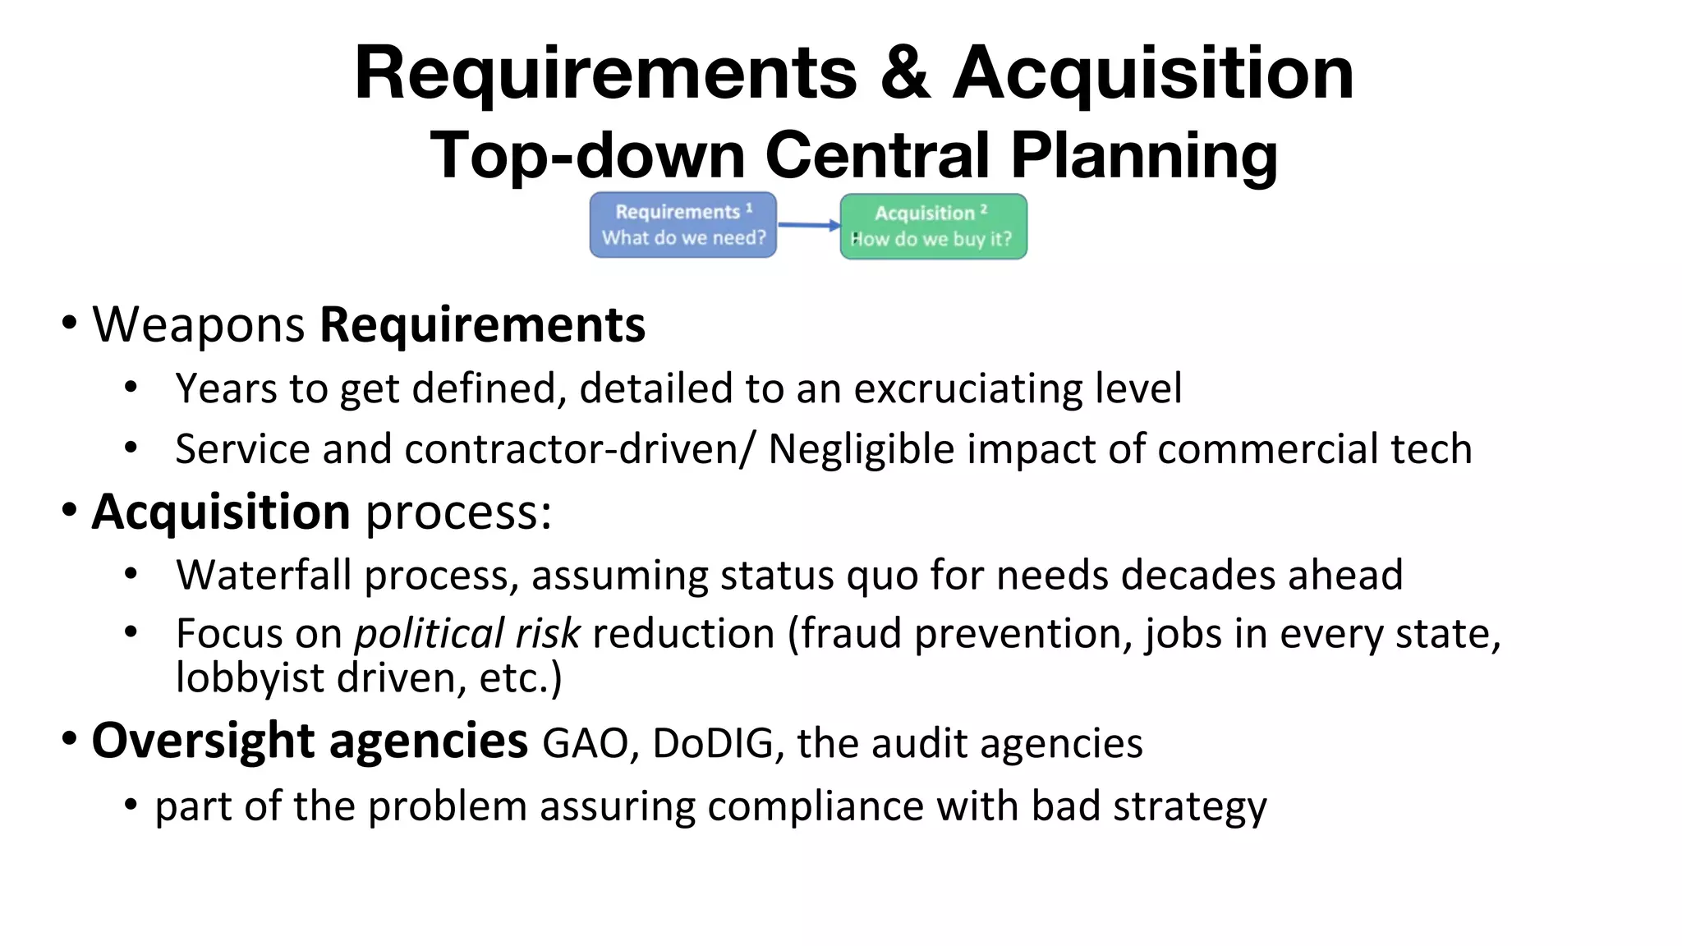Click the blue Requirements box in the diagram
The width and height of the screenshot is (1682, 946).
[x=682, y=225]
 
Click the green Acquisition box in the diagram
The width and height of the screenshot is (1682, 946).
[x=933, y=227]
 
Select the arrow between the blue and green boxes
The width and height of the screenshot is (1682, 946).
[x=809, y=224]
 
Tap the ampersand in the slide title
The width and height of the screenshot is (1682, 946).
[x=904, y=74]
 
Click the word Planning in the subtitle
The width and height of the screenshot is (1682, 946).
[x=1143, y=156]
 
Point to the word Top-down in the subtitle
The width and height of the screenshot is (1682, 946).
[x=587, y=156]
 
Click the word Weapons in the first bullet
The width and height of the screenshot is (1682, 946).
[x=199, y=324]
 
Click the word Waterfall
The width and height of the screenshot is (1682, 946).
[x=264, y=575]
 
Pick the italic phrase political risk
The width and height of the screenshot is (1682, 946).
[x=467, y=634]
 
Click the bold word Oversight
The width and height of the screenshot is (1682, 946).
[x=203, y=741]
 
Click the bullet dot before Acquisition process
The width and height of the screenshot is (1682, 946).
[x=70, y=510]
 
